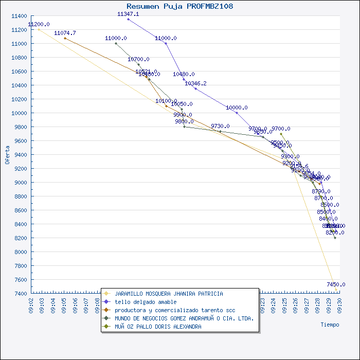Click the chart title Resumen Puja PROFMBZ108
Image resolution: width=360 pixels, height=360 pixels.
[179, 6]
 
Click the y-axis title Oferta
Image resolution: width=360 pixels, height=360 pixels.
[7, 155]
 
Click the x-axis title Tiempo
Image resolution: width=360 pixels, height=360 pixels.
[330, 325]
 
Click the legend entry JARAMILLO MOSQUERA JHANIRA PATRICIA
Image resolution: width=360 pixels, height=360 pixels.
[169, 294]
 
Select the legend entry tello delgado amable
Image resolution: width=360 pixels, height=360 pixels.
[146, 302]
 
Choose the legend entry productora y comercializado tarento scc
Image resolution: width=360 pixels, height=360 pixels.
[175, 310]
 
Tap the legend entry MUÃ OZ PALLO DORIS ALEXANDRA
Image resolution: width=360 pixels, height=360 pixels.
[158, 327]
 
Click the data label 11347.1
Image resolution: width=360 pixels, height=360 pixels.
[128, 14]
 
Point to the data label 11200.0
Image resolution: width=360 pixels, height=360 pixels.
[39, 24]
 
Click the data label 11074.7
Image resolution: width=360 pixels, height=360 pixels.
[65, 33]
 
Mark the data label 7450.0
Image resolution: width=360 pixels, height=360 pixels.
[336, 284]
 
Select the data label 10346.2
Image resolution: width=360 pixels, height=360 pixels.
[195, 83]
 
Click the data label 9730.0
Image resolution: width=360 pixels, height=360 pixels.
[220, 126]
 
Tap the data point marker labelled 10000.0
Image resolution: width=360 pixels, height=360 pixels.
[237, 113]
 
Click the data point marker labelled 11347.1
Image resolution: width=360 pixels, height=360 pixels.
[128, 19]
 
